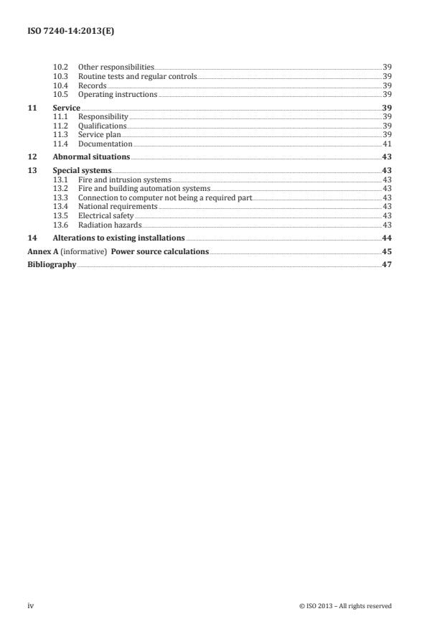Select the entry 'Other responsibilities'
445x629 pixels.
tap(116, 67)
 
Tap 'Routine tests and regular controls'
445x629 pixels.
tap(136, 76)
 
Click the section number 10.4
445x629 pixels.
tap(61, 85)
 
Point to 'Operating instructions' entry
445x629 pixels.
tap(117, 94)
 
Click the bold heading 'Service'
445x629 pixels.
tap(66, 108)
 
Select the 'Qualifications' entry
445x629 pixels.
tap(102, 126)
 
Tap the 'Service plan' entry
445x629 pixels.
tap(99, 134)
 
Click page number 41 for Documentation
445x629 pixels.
tap(386, 144)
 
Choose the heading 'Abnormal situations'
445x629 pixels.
tap(91, 157)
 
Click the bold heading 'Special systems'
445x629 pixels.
tap(82, 170)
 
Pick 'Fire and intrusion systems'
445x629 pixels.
tap(124, 180)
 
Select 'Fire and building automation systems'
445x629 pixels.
tap(144, 188)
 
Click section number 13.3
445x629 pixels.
tap(61, 197)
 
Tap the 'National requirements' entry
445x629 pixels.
tap(118, 206)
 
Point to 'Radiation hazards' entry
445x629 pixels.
tap(109, 225)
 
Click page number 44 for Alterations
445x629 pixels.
tap(386, 238)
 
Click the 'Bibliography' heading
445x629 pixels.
tap(52, 264)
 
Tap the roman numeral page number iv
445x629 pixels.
tap(31, 606)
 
